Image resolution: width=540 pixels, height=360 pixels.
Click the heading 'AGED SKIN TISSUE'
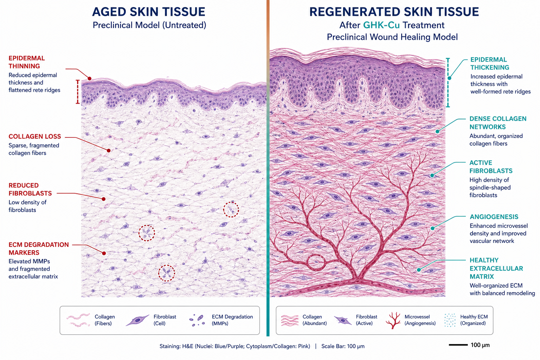(148, 12)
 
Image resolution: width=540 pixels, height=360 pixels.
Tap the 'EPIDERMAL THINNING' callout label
(26, 62)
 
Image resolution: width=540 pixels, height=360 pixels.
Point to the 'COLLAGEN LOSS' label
(35, 136)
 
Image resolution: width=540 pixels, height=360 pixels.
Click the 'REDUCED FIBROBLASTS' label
(30, 189)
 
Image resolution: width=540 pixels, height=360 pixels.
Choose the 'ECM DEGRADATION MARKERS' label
(39, 249)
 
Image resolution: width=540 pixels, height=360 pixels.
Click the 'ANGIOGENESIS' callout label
(494, 217)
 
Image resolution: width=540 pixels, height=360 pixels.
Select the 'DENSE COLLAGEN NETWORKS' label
(498, 123)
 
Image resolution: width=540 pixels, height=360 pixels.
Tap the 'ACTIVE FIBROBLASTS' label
(491, 167)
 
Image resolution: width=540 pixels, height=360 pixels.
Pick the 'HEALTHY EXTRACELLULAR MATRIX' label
(496, 268)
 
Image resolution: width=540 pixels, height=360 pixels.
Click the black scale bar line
(458, 345)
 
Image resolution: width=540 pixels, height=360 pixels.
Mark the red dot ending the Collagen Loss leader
(109, 150)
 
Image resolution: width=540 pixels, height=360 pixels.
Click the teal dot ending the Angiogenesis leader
(433, 229)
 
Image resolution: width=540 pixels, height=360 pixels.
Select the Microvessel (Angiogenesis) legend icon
(393, 321)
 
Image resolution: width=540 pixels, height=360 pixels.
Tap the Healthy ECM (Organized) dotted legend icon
(450, 320)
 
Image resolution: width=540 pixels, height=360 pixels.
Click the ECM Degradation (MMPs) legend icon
(197, 320)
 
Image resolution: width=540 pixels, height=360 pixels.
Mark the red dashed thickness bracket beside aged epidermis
(78, 92)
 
